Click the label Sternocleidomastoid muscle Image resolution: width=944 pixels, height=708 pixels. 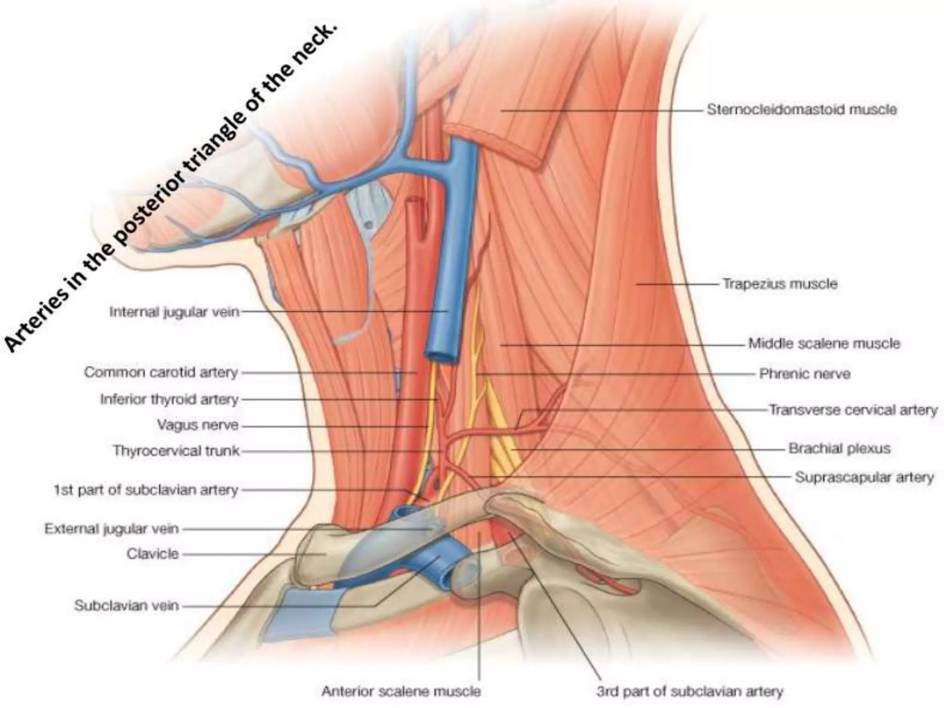[802, 110]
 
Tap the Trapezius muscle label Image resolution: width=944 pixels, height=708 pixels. [779, 283]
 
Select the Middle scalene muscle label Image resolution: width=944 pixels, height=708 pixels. [824, 343]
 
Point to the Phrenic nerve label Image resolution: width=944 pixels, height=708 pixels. [804, 373]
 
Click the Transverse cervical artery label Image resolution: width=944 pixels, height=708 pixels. [853, 410]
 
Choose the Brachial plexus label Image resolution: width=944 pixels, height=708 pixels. [839, 448]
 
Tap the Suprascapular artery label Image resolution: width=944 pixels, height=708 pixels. [864, 477]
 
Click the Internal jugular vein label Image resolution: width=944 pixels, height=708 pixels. [174, 312]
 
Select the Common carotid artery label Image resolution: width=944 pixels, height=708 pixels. [161, 372]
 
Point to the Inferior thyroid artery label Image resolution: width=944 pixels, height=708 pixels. [169, 399]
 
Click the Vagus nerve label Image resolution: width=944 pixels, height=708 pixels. [198, 425]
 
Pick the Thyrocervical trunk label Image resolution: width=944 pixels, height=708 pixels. [176, 450]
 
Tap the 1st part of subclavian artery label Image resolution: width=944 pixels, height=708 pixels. [146, 490]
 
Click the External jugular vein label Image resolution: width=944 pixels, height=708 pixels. [111, 529]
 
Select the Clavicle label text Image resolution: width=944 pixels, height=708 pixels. [153, 554]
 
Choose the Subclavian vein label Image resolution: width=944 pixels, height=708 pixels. [126, 605]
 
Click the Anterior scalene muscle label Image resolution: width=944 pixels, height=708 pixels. [401, 691]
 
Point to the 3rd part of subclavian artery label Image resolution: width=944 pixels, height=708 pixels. [690, 691]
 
